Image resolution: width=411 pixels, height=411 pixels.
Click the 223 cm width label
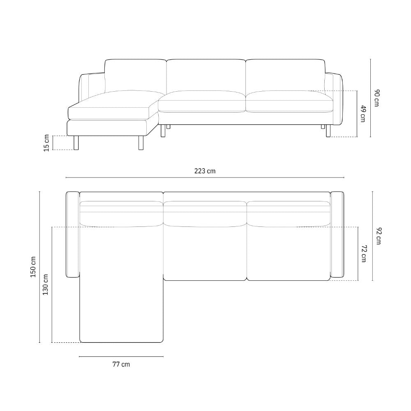click(205, 171)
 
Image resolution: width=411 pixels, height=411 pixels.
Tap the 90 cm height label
click(376, 98)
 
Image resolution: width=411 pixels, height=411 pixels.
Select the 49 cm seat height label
click(363, 113)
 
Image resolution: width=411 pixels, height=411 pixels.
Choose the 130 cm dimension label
click(46, 284)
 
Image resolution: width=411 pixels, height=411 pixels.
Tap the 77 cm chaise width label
click(121, 364)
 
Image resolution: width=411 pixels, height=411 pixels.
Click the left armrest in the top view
click(72, 234)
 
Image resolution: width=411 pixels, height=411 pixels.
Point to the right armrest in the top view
click(337, 234)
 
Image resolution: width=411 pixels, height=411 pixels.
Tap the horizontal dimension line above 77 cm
click(121, 356)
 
